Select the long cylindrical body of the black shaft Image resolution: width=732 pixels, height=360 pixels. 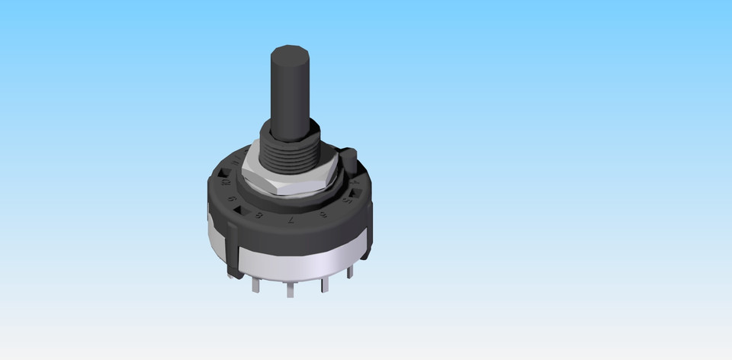291,95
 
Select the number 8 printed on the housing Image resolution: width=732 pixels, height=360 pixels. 260,217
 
